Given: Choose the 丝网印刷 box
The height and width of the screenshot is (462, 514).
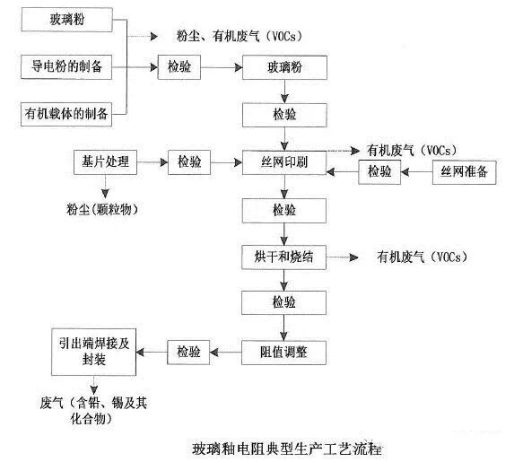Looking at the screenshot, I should tap(285, 162).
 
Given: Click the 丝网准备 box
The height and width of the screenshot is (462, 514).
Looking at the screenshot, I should tap(464, 171).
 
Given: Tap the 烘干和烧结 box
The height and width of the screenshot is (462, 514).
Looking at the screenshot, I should tap(285, 257).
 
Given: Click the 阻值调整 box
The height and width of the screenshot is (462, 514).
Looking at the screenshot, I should tap(285, 351).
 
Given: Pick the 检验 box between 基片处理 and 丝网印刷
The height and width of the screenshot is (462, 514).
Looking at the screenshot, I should tap(190, 162).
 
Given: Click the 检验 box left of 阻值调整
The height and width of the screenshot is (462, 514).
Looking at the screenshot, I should tap(189, 351).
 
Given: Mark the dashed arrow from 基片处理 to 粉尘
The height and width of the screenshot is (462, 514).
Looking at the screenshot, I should tap(104, 187).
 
